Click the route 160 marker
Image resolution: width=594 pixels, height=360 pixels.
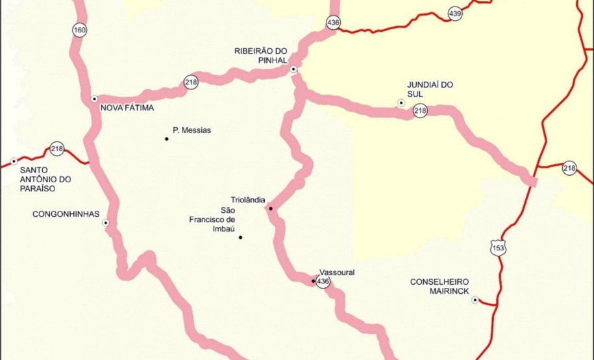[x=79, y=30]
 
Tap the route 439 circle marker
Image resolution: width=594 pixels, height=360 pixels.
[x=455, y=14]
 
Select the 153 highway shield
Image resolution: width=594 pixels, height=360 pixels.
[x=498, y=248]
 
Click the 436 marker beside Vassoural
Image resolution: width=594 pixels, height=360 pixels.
[x=323, y=282]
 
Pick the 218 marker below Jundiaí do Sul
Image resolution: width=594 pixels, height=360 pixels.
[x=420, y=111]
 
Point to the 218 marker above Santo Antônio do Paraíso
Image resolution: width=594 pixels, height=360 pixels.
[x=57, y=149]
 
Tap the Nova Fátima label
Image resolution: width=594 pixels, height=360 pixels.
[x=127, y=108]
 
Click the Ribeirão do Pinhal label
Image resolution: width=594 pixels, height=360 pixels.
[x=260, y=55]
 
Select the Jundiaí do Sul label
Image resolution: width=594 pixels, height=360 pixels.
[x=430, y=89]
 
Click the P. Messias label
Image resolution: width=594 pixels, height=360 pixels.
[x=192, y=130]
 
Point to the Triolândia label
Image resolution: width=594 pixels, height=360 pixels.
[x=247, y=199]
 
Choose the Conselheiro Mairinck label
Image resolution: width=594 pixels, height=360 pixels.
[x=439, y=286]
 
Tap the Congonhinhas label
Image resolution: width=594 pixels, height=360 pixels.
[x=66, y=213]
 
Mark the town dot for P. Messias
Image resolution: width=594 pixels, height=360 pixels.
[x=167, y=139]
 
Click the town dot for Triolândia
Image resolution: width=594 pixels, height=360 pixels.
[x=271, y=208]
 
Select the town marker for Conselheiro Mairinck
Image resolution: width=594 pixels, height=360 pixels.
[x=475, y=300]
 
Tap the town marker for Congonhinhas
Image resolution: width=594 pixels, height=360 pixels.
[x=106, y=222]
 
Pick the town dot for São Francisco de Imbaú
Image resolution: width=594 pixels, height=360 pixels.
[x=240, y=237]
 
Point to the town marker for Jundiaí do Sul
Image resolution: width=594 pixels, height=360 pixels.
[x=401, y=102]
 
